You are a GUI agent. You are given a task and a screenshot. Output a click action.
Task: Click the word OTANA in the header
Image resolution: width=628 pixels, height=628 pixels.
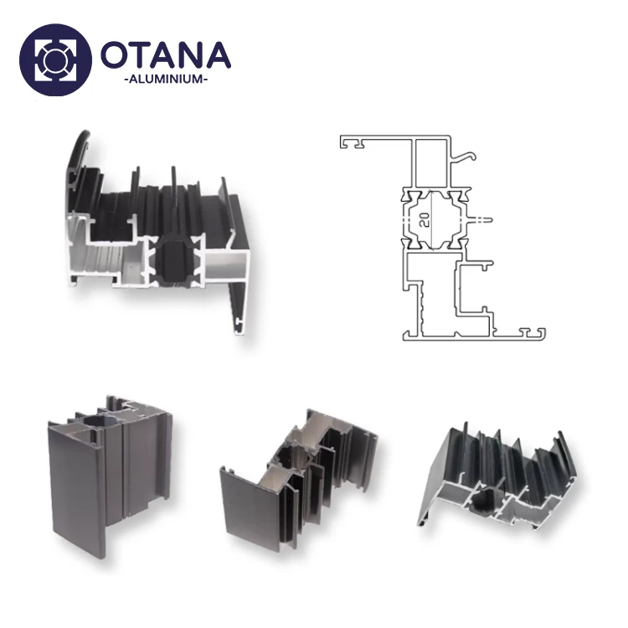pos(165,54)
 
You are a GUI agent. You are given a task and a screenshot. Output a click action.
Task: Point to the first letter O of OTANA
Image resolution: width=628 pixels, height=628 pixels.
pos(116,54)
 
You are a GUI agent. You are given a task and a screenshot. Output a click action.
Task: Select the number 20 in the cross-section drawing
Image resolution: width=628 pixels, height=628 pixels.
pos(425,219)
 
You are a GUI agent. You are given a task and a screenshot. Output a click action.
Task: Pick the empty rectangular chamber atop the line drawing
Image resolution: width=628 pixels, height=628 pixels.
pos(431,163)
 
